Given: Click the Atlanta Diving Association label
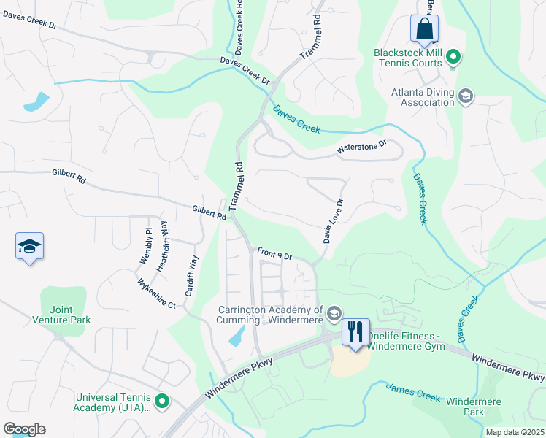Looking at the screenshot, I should [423, 97].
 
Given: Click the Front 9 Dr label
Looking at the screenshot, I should [274, 255].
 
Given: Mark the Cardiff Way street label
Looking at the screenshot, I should [191, 274].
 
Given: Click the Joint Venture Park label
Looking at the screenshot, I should [61, 314].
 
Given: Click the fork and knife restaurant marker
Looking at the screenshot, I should [355, 332].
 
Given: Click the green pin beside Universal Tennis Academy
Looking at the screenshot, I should [162, 401].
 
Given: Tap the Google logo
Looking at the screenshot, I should [24, 429].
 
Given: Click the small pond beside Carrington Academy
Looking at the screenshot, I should [237, 335].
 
